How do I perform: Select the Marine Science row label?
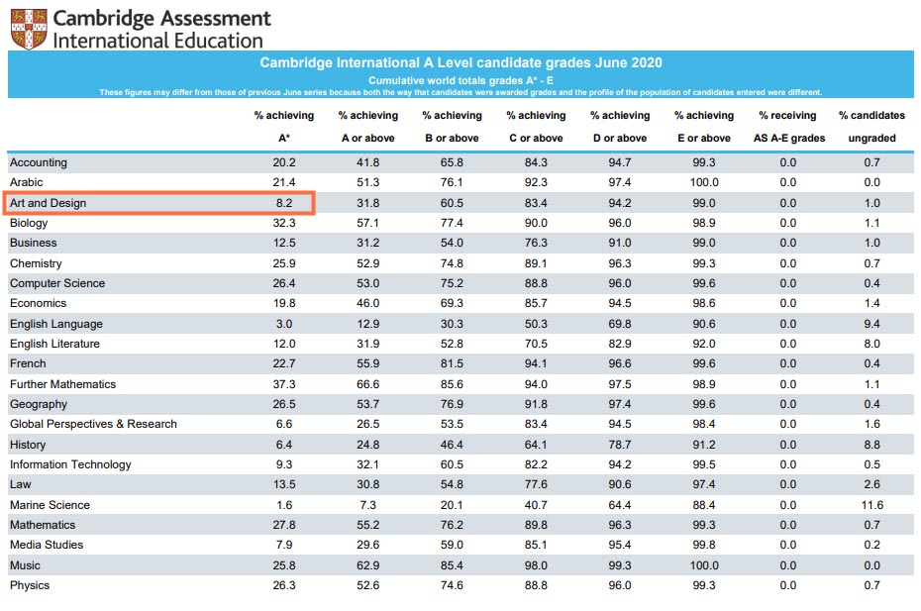pyautogui.click(x=51, y=505)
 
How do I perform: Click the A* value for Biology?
pyautogui.click(x=283, y=223)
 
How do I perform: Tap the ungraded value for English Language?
pyautogui.click(x=871, y=324)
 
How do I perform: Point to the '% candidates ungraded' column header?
pyautogui.click(x=871, y=127)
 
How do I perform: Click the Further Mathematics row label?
pyautogui.click(x=62, y=384)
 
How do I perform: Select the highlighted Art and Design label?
pyautogui.click(x=49, y=203)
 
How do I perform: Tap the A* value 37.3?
pyautogui.click(x=283, y=384)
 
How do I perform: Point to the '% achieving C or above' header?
pyautogui.click(x=536, y=127)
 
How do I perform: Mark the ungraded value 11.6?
pyautogui.click(x=871, y=505)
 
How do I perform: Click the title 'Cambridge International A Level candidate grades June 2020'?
pyautogui.click(x=460, y=62)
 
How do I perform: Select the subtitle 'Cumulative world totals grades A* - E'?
pyautogui.click(x=460, y=79)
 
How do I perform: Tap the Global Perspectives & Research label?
pyautogui.click(x=93, y=424)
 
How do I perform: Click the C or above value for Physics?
pyautogui.click(x=536, y=585)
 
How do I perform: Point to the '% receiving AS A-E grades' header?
pyautogui.click(x=787, y=127)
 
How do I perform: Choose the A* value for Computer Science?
pyautogui.click(x=283, y=283)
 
